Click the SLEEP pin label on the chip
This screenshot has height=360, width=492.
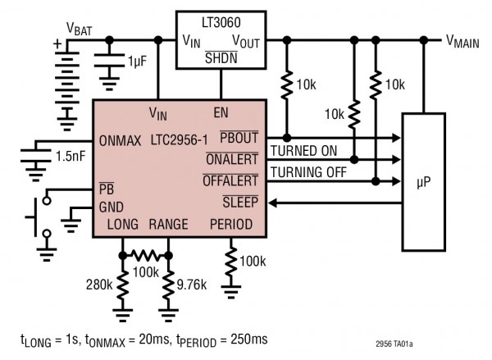click(x=244, y=202)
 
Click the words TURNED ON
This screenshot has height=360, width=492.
click(x=303, y=151)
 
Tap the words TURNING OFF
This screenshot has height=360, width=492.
click(x=308, y=172)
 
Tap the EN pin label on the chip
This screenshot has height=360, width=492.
click(x=221, y=112)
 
